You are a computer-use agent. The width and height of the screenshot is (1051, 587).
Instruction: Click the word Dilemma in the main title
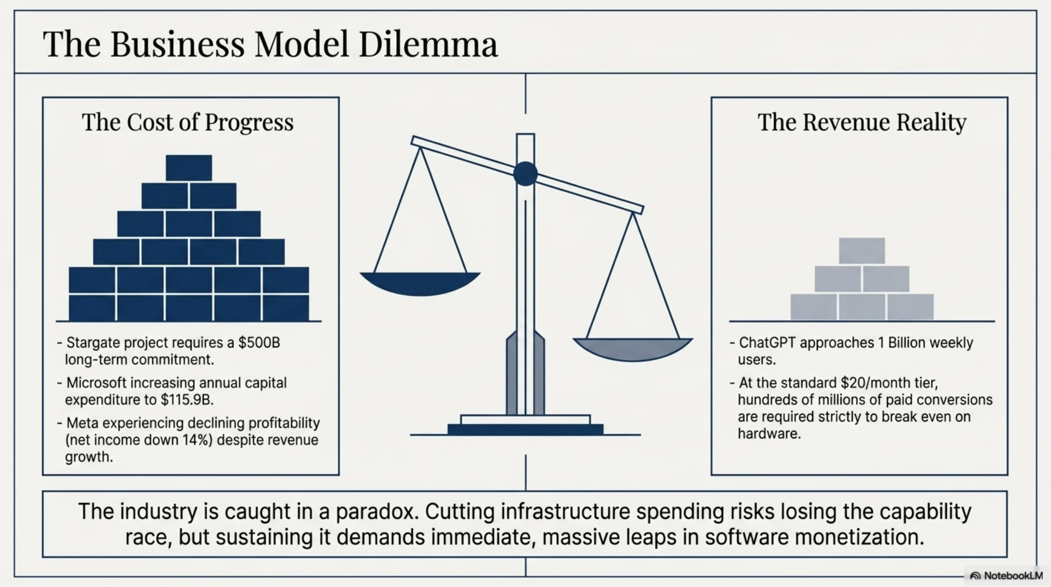click(428, 44)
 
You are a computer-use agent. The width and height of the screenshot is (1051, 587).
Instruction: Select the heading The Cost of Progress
click(188, 122)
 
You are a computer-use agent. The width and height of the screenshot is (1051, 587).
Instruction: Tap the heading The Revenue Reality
click(862, 122)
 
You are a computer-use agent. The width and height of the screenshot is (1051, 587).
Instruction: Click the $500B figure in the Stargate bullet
click(260, 342)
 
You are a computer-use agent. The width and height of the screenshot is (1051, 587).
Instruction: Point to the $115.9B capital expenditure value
click(187, 400)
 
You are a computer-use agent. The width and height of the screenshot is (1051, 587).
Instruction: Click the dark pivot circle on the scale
click(525, 174)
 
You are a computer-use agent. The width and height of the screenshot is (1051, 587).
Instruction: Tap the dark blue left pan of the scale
click(420, 283)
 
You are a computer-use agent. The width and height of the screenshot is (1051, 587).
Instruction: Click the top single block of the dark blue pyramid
click(189, 168)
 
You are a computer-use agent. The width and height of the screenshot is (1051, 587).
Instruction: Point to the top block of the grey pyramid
click(862, 251)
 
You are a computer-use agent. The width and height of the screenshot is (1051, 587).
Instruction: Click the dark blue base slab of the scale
click(525, 429)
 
